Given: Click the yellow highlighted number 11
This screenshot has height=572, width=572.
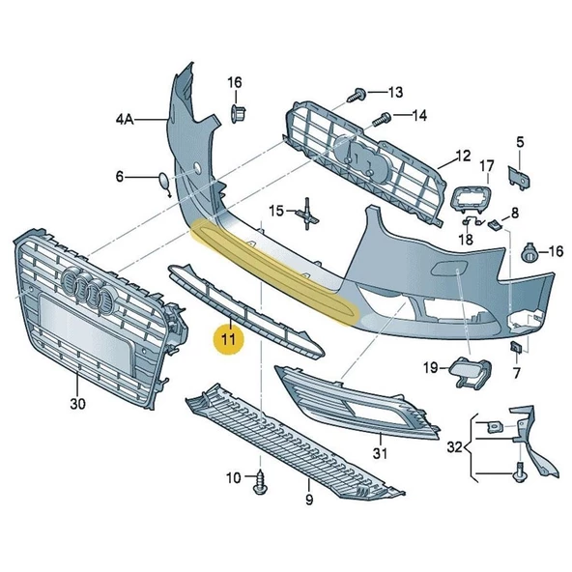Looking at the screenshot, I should point(229,340).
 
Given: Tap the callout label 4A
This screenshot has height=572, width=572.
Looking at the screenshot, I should point(124,120).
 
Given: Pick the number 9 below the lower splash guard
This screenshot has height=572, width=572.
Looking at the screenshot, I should point(308,500).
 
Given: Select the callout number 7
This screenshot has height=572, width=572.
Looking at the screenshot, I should point(516,372).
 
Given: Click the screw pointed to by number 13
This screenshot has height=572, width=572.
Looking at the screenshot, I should point(357,94).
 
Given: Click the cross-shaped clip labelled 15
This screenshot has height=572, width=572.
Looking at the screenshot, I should point(306,212).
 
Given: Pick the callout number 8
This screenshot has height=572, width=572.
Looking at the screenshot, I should point(515,213).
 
